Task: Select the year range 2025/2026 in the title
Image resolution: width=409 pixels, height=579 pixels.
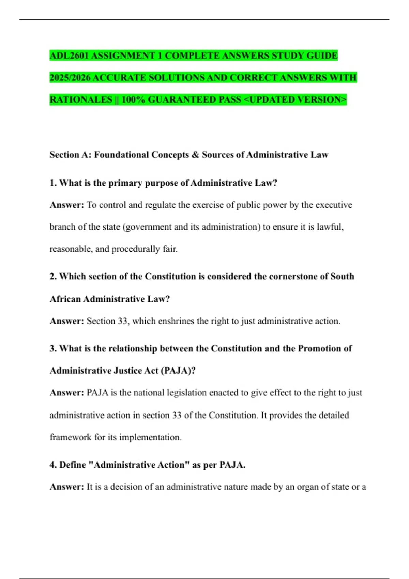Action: click(70, 78)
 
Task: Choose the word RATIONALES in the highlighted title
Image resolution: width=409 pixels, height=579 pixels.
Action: click(81, 100)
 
